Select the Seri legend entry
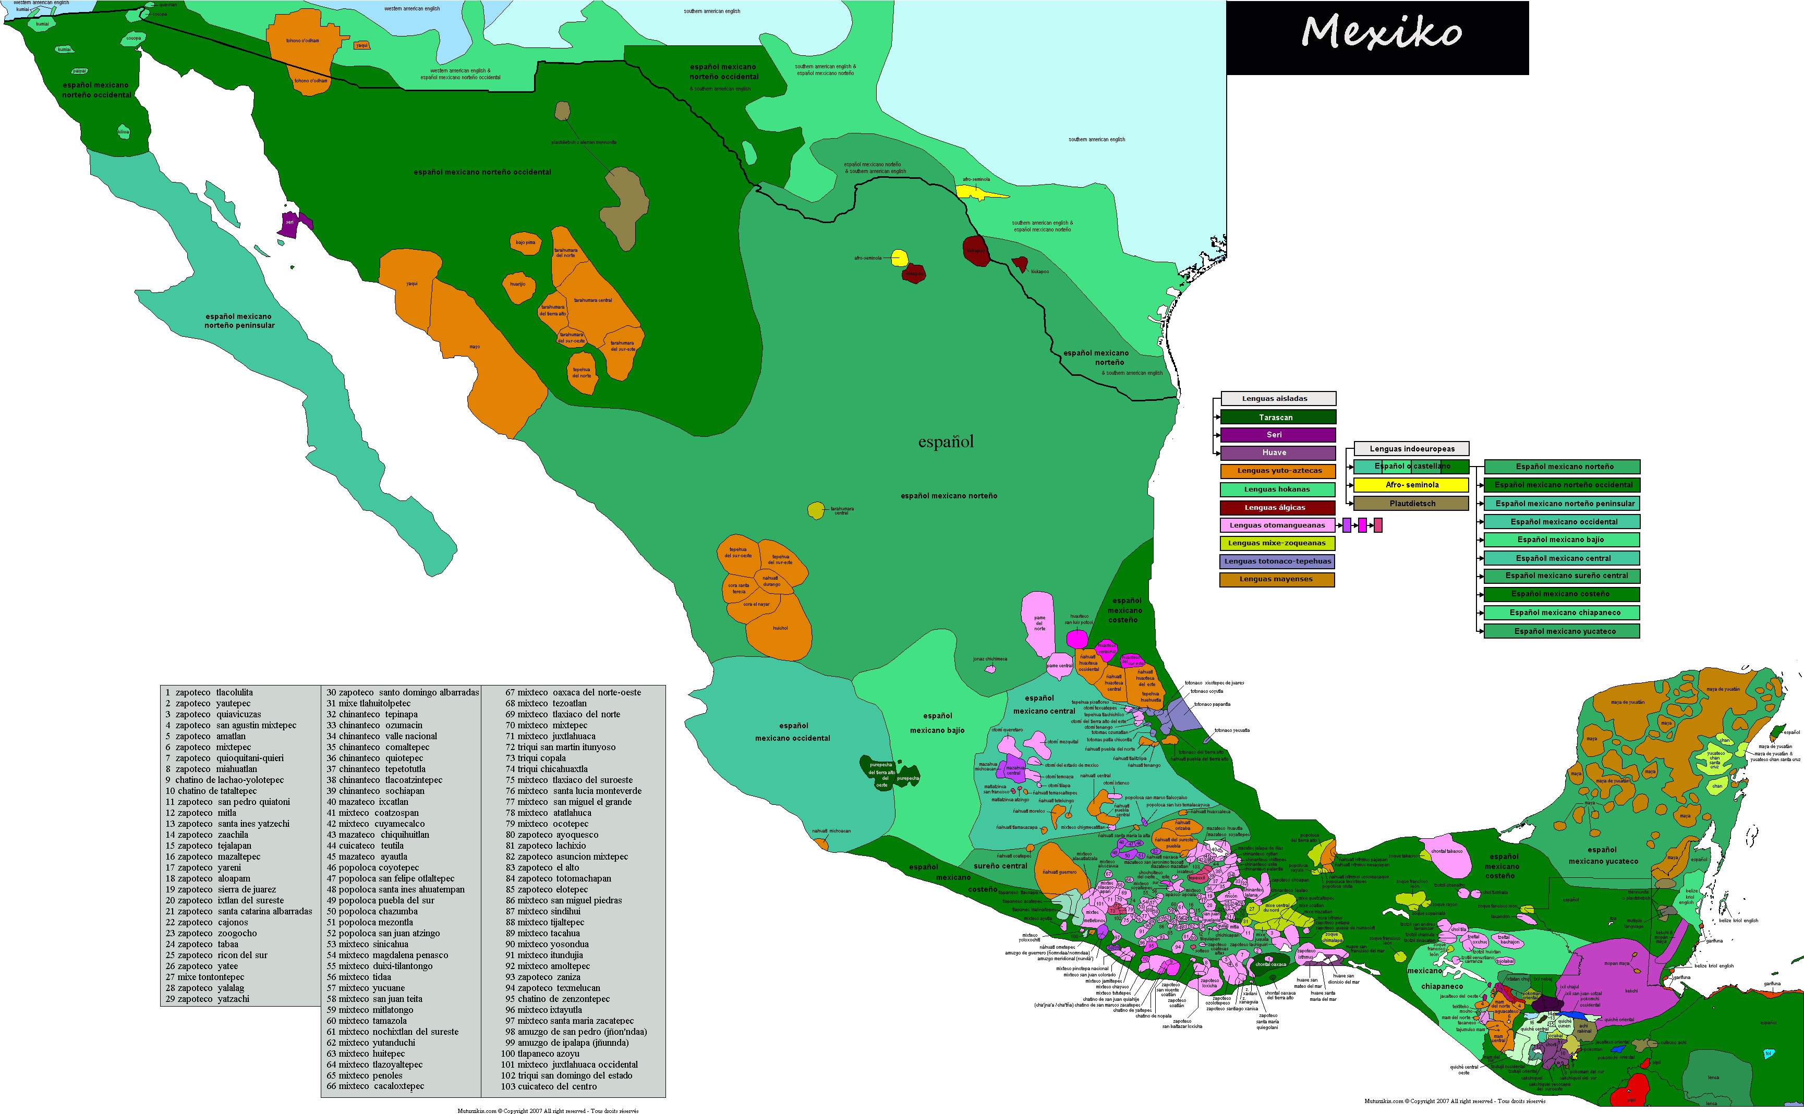pos(1278,435)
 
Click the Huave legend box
pos(1278,452)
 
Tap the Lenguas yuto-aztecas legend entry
pos(1278,471)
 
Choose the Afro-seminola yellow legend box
pos(1411,485)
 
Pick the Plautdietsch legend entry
pos(1411,503)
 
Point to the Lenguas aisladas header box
pos(1278,399)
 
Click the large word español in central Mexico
pos(946,442)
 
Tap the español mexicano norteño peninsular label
pos(239,321)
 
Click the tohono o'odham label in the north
pos(303,41)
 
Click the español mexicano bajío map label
pos(937,723)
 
